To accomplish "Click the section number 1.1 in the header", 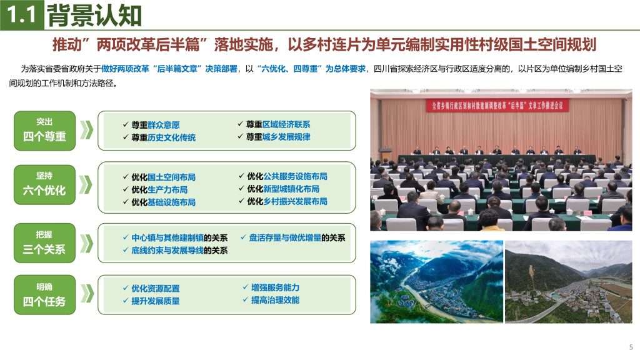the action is tap(22, 15).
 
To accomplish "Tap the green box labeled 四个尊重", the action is tap(44, 131).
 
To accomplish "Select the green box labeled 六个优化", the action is tap(44, 184).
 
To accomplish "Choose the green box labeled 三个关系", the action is tap(44, 243).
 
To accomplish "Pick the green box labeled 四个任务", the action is tap(44, 295).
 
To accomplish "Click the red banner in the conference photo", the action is tap(497, 106).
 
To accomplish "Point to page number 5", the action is tap(631, 347).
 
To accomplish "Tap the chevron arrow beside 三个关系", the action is tap(86, 243).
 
